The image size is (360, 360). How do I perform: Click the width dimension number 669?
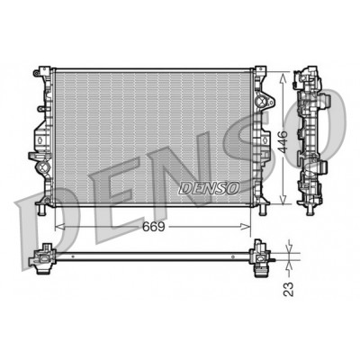pos(154,227)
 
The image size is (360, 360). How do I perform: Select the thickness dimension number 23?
pos(288,289)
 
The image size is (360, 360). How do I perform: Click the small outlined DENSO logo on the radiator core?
pos(209,188)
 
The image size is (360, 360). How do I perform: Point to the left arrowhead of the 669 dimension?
pos(59,227)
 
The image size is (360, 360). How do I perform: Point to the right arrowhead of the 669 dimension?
pos(246,227)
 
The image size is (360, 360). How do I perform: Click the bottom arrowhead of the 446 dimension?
pos(283,199)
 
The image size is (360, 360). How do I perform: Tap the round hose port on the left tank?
pos(42,166)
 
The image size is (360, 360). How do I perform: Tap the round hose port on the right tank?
pos(264,102)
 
